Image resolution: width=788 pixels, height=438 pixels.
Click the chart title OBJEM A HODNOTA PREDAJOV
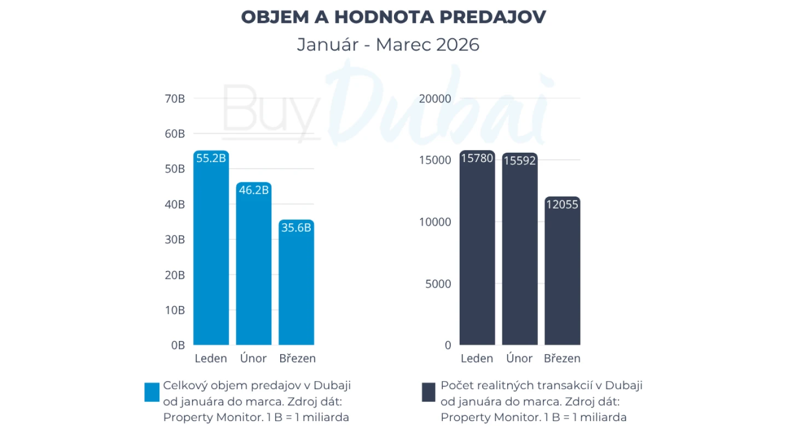[x=393, y=17]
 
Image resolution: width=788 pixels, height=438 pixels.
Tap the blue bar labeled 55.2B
[x=211, y=252]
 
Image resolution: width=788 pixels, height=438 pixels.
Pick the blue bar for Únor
[x=253, y=268]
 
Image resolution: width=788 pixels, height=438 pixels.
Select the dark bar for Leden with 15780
[x=477, y=252]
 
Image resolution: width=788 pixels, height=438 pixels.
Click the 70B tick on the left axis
[x=175, y=99]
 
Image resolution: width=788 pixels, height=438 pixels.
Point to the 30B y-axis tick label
[x=175, y=240]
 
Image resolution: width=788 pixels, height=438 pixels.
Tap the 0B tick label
[x=177, y=345]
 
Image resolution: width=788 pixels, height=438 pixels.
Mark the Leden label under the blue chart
[x=211, y=359]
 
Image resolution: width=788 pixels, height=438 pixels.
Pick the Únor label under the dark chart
[x=519, y=359]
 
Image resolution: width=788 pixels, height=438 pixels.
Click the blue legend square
[x=152, y=392]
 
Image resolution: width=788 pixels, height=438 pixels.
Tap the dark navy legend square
[x=428, y=392]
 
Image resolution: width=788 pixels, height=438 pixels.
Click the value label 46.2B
[x=253, y=191]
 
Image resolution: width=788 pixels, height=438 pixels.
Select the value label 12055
[x=562, y=205]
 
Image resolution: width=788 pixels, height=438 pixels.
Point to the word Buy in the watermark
[x=271, y=109]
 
